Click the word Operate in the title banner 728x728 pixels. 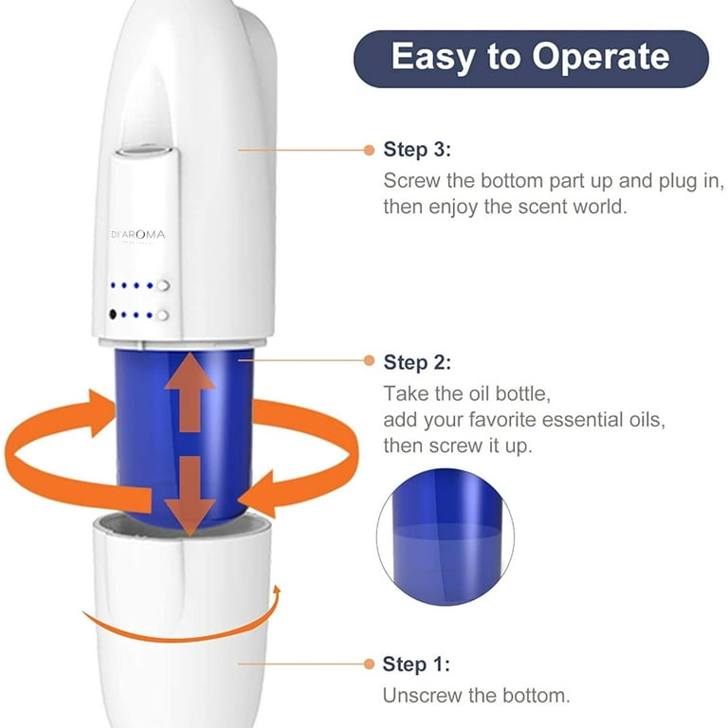pos(600,57)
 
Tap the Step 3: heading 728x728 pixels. pos(417,150)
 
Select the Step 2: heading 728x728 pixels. pos(417,362)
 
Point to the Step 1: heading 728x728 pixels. pos(416,664)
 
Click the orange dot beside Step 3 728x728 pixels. pos(369,150)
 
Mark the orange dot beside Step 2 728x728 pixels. pos(369,361)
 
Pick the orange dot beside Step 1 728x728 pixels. pos(369,664)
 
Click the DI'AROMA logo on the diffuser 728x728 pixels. pos(137,235)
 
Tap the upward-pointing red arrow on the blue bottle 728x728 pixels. pos(190,392)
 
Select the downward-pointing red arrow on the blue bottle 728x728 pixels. pos(190,496)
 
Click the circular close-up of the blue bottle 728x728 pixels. pos(446,537)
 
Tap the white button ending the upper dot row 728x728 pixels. pos(163,285)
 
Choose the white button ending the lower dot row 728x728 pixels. pos(162,316)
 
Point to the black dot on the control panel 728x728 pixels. pos(113,315)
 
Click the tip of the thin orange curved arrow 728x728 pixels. pos(278,586)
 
